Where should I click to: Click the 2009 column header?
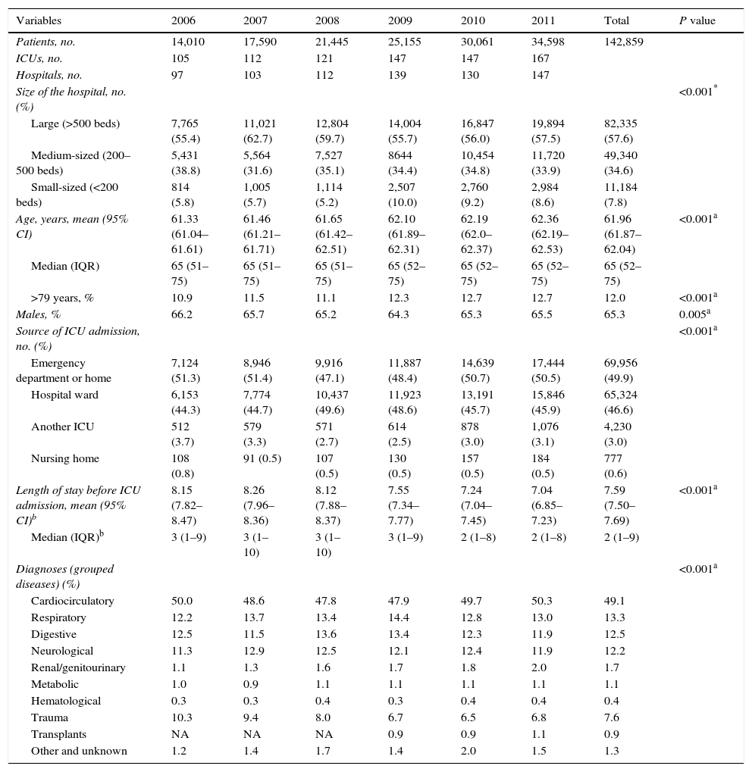[x=400, y=20]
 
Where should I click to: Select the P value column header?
[x=697, y=20]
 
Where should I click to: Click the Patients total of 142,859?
[x=623, y=42]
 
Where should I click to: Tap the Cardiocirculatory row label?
[x=73, y=602]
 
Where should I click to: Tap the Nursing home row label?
[x=65, y=459]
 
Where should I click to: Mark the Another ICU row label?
[x=63, y=427]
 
